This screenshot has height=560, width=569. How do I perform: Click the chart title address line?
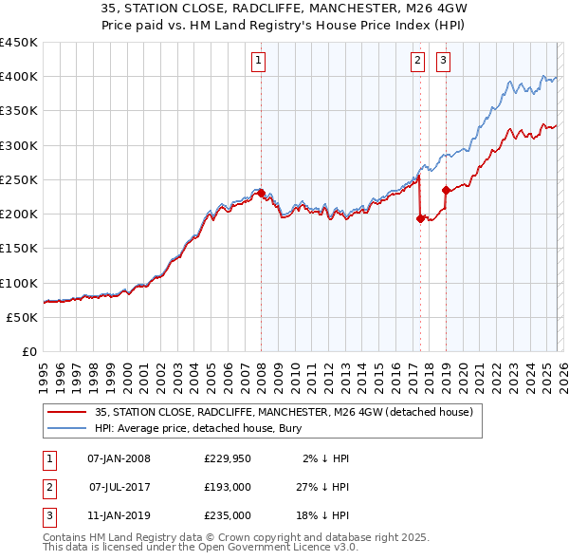click(x=284, y=8)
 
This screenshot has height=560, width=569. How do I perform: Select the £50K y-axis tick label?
click(x=22, y=317)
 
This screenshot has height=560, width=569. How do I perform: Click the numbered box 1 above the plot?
click(x=259, y=62)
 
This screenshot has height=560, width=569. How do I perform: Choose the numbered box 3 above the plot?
click(x=443, y=62)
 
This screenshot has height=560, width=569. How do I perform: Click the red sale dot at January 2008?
click(x=261, y=194)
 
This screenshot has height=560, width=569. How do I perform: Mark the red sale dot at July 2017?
click(x=420, y=218)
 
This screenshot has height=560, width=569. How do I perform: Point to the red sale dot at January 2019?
click(x=445, y=190)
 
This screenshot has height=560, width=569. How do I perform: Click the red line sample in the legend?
click(x=67, y=412)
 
